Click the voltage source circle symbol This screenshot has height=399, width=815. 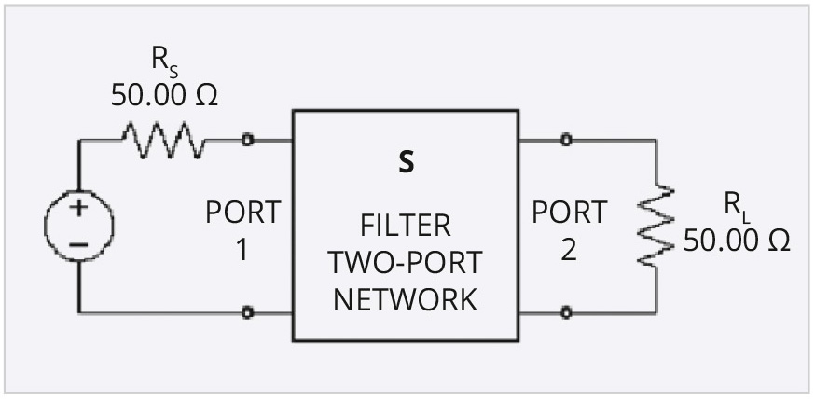tap(79, 226)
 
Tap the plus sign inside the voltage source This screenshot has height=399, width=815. tap(79, 209)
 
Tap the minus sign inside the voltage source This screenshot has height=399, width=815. tap(79, 244)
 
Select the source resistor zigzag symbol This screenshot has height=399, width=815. tap(161, 141)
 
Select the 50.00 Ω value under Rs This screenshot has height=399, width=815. tap(164, 95)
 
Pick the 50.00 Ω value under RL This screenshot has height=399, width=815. tap(737, 240)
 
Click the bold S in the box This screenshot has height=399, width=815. tap(406, 162)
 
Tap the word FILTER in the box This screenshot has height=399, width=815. tap(405, 226)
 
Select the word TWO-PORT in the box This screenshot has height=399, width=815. tap(405, 263)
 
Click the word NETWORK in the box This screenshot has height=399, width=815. tap(405, 299)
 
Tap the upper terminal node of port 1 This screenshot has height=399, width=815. tap(247, 141)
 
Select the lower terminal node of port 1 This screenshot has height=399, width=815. tap(247, 313)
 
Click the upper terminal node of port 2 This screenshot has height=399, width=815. tap(566, 141)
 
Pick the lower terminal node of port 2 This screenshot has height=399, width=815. tap(566, 313)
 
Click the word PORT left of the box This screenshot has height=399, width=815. tap(242, 213)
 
